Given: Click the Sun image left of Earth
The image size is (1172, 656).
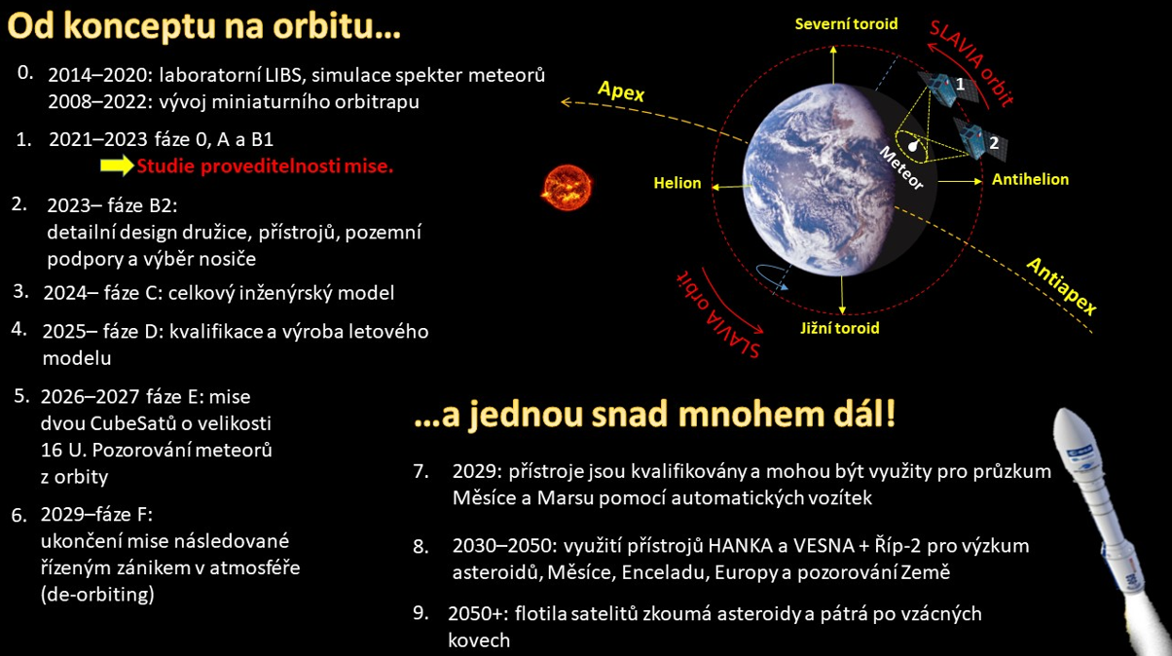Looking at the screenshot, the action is [x=567, y=187].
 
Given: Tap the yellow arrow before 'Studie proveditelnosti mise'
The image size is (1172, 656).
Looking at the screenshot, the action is [x=117, y=165].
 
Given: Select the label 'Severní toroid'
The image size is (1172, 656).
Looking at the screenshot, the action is [x=846, y=24].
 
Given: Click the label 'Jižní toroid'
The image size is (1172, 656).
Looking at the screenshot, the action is [x=840, y=328].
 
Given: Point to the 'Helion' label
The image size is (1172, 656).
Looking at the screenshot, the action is [x=678, y=183].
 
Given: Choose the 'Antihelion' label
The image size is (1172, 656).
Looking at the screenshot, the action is [x=1030, y=179].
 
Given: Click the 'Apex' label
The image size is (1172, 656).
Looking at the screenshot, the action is [x=621, y=91].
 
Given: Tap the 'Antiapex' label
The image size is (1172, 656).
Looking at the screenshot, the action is [x=1062, y=285].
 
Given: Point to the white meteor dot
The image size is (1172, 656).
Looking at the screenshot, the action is [x=913, y=145].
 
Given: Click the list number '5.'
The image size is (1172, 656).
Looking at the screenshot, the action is [x=22, y=396].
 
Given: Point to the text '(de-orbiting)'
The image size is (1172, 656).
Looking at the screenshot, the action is [x=97, y=595].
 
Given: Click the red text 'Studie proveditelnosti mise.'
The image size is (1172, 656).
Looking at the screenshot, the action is [x=265, y=166].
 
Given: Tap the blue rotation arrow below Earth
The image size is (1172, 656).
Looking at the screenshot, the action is [x=771, y=276].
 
